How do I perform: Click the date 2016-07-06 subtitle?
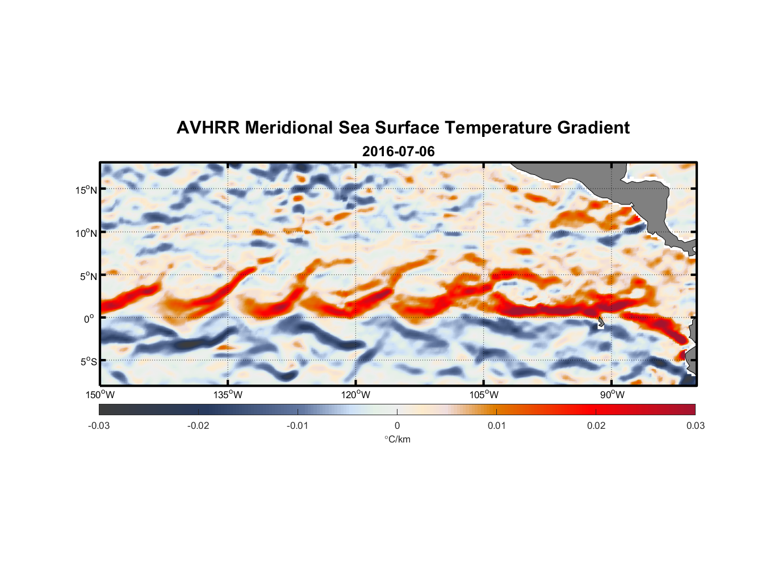[398, 152]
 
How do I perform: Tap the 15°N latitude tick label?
[86, 190]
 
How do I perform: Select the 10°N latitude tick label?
[86, 233]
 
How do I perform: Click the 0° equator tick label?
[89, 319]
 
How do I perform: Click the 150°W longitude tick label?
[100, 395]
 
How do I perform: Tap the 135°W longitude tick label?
[228, 395]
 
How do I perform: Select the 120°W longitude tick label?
[355, 395]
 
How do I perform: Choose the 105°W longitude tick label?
[484, 395]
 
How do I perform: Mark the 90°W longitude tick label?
[612, 395]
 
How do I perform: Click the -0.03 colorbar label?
[99, 426]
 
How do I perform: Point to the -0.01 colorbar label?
[298, 426]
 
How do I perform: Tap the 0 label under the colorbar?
[397, 426]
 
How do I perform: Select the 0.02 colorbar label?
[596, 426]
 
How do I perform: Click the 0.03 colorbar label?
[695, 426]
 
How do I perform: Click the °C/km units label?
[397, 439]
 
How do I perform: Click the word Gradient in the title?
[593, 128]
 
